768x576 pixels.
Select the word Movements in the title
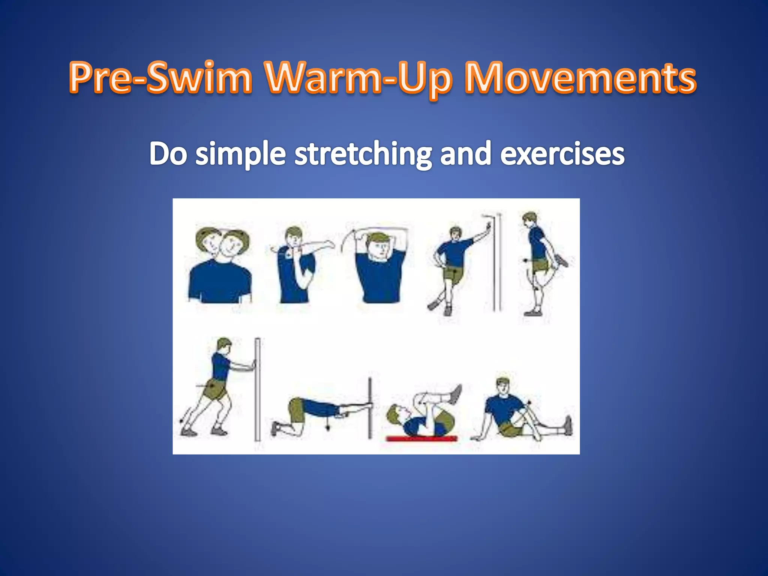(x=580, y=78)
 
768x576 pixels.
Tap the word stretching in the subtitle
(x=363, y=154)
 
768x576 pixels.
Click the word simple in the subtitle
(x=240, y=154)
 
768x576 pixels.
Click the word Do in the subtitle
(x=168, y=154)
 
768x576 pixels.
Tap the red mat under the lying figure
(x=421, y=438)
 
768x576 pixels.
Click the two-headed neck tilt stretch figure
(x=220, y=266)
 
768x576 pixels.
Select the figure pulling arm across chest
(x=298, y=264)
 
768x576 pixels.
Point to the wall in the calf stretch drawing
(x=258, y=390)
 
